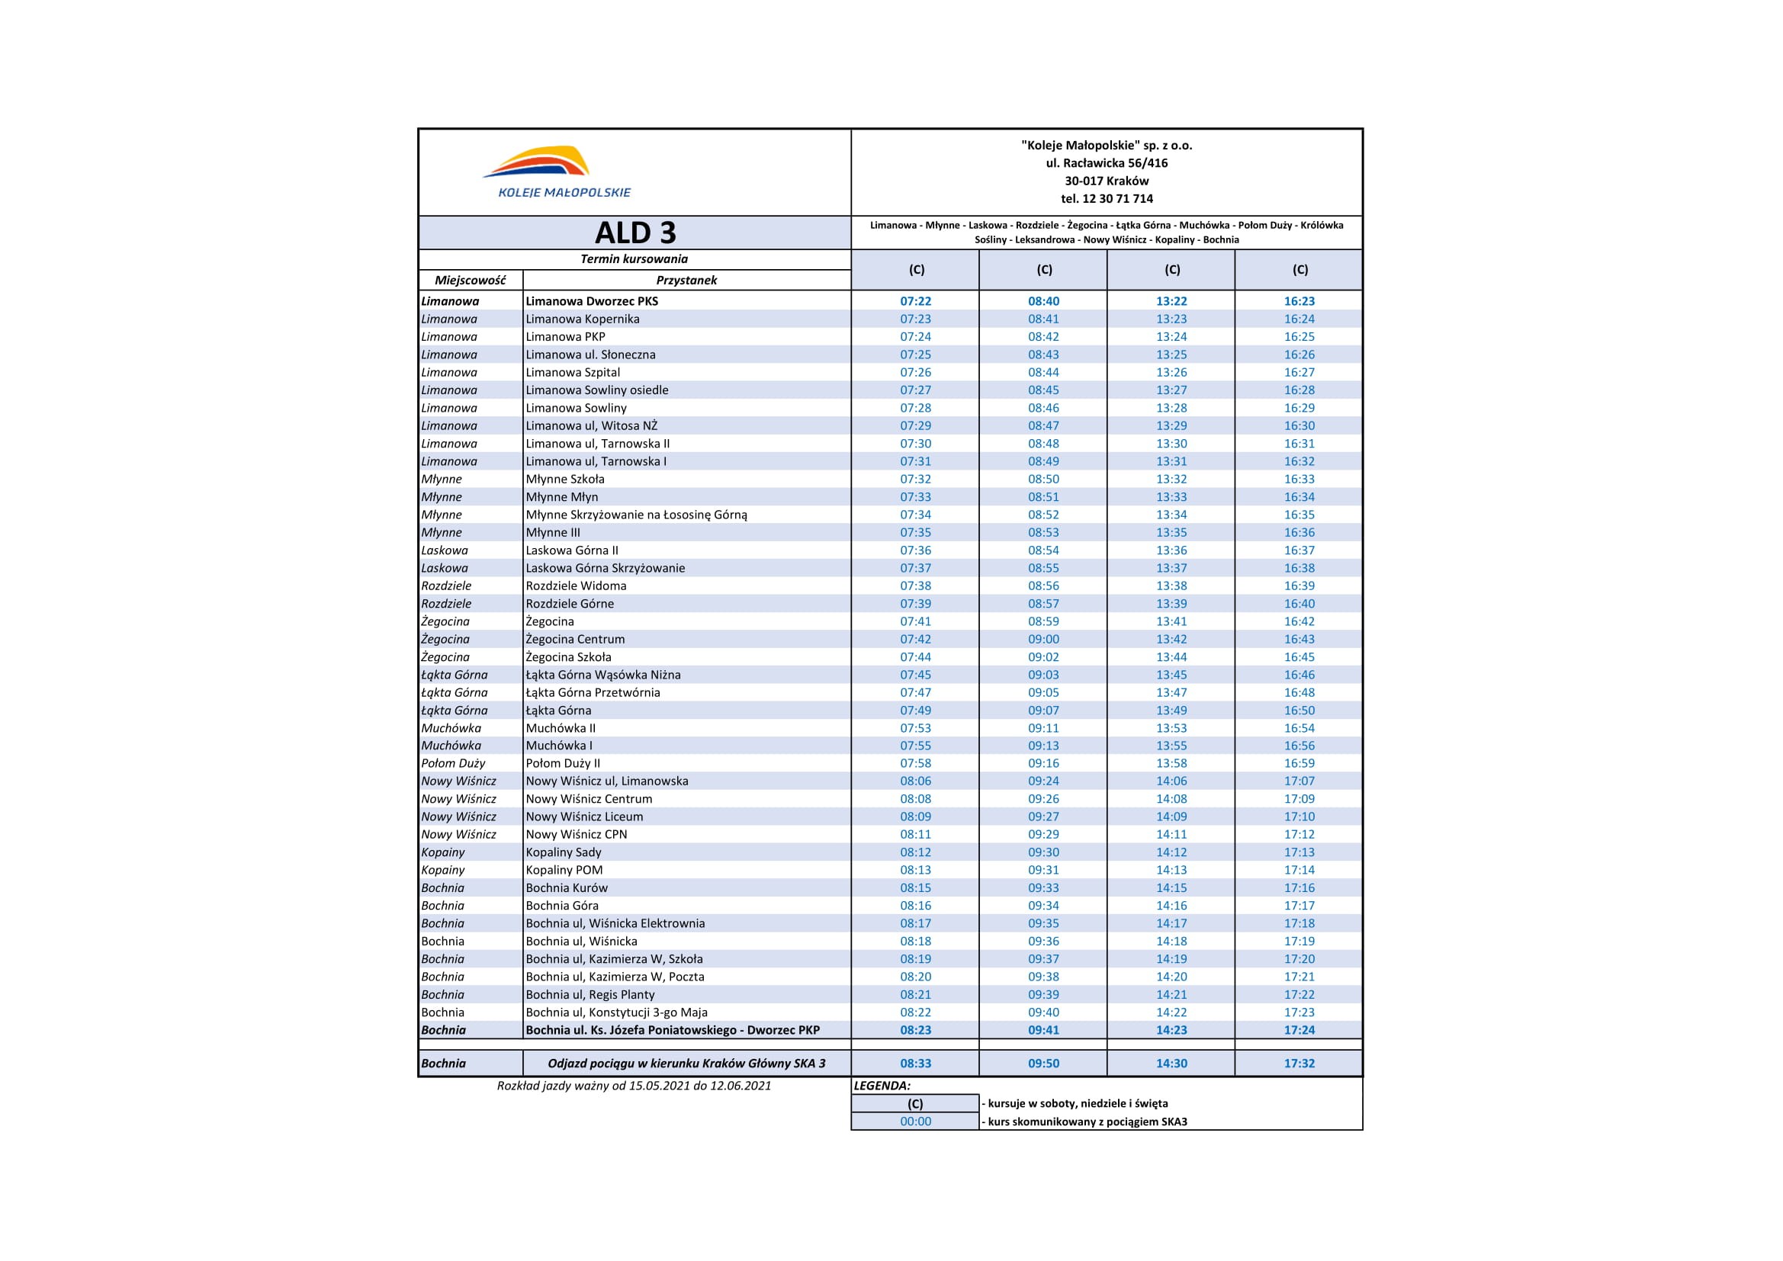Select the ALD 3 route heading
point(634,233)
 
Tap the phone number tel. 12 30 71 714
point(1107,199)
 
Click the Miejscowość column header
point(470,281)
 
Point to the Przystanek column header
point(686,281)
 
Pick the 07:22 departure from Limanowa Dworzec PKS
point(916,301)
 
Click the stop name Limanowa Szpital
point(573,373)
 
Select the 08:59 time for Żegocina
point(1044,621)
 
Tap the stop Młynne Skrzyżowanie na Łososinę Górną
point(636,515)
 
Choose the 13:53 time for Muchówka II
point(1171,728)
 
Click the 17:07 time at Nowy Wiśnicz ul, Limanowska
point(1300,781)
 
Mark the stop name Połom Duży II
point(563,763)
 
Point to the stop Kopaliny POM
point(564,870)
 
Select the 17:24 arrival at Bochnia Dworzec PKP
point(1300,1031)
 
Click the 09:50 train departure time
point(1044,1064)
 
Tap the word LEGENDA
point(882,1086)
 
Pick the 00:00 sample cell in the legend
point(916,1121)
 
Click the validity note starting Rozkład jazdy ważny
point(634,1086)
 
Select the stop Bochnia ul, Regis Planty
point(590,995)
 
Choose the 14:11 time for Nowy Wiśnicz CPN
point(1171,835)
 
